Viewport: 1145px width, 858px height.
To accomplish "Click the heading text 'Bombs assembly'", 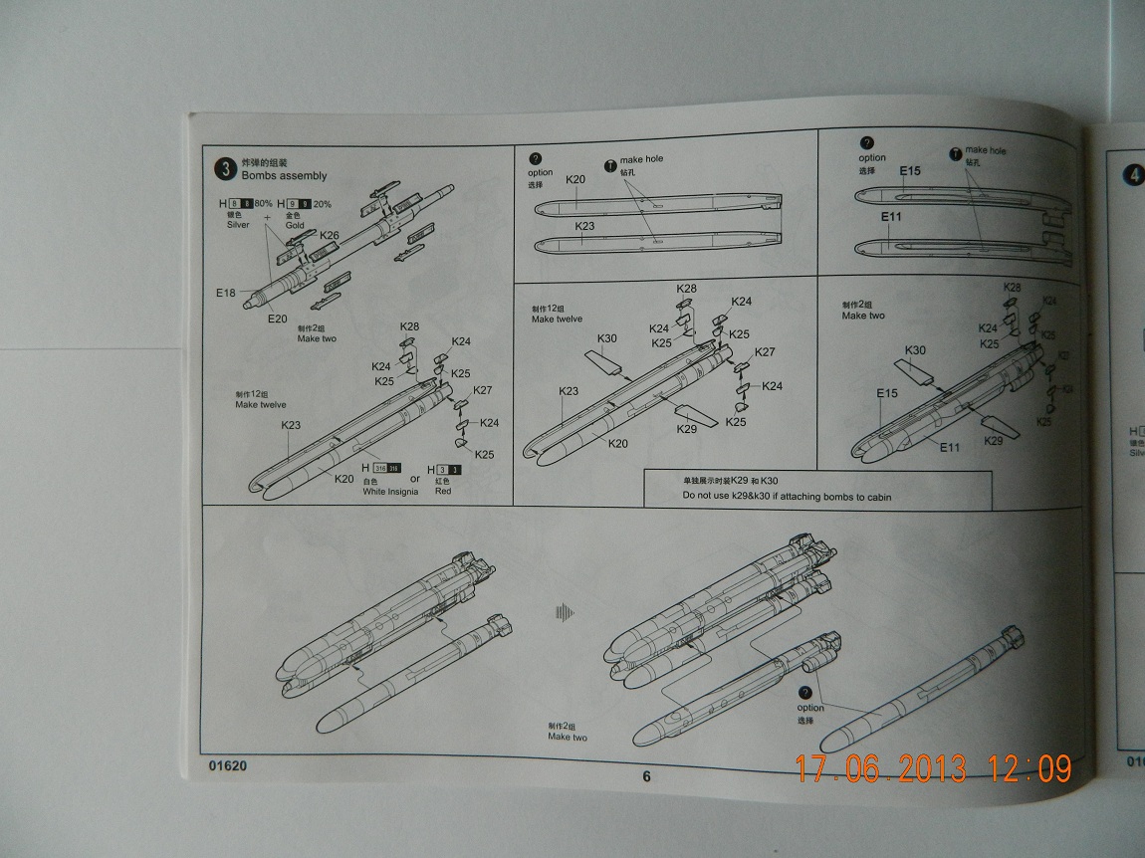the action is click(x=284, y=176).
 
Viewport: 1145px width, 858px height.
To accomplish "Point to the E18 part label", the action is click(x=225, y=294).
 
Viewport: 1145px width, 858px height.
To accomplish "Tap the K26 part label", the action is click(x=329, y=236).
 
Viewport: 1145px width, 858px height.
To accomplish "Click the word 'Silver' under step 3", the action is click(x=238, y=225).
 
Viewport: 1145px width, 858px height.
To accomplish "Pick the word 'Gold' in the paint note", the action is click(x=295, y=225).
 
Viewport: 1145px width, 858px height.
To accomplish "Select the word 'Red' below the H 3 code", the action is click(x=442, y=492).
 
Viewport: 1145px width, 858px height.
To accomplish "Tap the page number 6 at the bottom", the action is click(x=645, y=777).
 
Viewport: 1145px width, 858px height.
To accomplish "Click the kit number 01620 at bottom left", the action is click(x=228, y=766).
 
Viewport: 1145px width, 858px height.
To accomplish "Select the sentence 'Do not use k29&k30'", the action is click(x=787, y=496).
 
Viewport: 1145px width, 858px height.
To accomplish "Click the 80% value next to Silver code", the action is click(x=263, y=204).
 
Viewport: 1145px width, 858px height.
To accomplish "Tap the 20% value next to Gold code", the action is click(x=323, y=204).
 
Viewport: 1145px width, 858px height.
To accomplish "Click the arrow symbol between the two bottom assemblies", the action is click(x=565, y=612).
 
